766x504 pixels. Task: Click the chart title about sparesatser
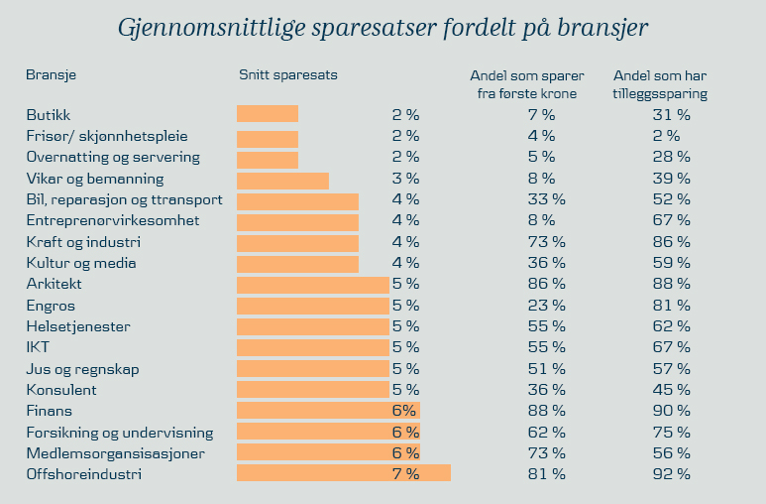383,28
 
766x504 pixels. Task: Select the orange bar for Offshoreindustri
343,474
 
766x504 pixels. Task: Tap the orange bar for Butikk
268,114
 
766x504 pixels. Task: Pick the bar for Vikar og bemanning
282,180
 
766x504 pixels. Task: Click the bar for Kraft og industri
297,242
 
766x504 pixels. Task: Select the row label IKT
38,347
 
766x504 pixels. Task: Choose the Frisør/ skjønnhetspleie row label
107,136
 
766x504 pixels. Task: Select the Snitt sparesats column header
288,74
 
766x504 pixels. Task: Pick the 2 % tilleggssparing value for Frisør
665,136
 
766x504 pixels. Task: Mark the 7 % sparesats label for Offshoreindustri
406,474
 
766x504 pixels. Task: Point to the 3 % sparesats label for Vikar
406,180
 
